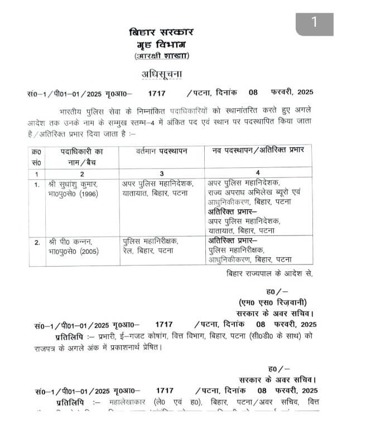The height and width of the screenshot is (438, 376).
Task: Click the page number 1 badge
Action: (314, 22)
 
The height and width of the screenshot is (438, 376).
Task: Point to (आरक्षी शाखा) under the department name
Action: (161, 56)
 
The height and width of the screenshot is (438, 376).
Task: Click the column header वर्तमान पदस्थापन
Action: (162, 151)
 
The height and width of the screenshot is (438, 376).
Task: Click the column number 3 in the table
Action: (162, 173)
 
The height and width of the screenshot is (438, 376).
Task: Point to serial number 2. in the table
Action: (37, 242)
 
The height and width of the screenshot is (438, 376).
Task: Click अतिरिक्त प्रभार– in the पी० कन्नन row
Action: (232, 240)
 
